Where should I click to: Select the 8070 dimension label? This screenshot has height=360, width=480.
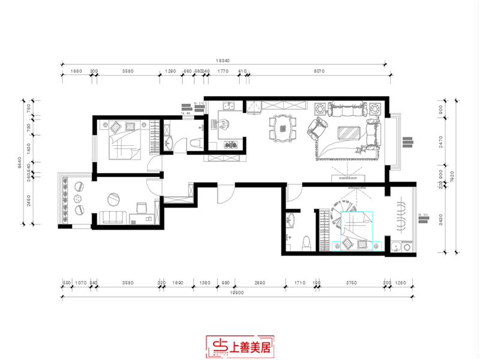pos(318,71)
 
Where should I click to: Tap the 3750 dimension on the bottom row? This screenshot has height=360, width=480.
pos(352,282)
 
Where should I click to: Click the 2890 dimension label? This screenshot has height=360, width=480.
pos(260,282)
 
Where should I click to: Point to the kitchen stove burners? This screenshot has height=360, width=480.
pos(232,144)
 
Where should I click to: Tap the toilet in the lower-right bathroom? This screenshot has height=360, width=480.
pos(306,242)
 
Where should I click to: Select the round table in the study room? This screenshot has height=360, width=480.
pos(112,199)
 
